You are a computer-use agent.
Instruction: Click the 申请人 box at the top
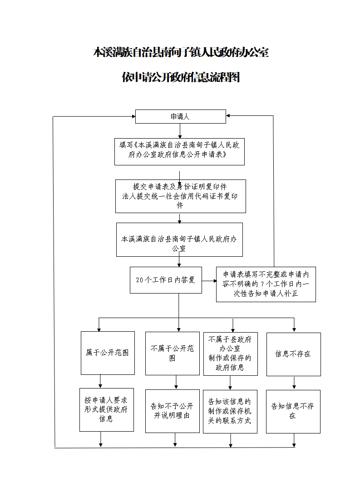point(181,116)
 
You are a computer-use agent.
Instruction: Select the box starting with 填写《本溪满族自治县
point(179,152)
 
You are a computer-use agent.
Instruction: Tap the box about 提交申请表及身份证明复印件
point(181,196)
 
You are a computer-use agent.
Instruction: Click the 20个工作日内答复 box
point(166,280)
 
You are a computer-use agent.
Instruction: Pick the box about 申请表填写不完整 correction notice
point(266,284)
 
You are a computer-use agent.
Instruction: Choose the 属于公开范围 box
point(108,353)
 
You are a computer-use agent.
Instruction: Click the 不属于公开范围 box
point(173,353)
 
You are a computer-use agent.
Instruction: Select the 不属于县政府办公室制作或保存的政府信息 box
point(231,354)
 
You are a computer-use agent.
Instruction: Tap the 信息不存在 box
point(294,354)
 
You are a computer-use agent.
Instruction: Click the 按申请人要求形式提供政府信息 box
point(107,410)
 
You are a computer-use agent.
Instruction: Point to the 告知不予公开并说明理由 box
point(173,411)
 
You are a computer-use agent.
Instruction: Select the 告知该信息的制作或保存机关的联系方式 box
point(230,412)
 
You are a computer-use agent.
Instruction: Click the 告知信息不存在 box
point(293,412)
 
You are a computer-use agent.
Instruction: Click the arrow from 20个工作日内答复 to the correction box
point(209,281)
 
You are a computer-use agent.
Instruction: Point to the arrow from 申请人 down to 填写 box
point(180,130)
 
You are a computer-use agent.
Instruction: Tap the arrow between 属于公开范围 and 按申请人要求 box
point(100,381)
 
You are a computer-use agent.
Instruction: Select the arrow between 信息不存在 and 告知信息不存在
point(294,383)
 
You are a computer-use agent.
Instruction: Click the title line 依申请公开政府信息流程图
point(181,77)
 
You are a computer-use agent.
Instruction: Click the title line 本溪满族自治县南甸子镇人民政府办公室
point(181,52)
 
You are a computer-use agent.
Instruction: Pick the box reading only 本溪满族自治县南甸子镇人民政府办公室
point(179,239)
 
